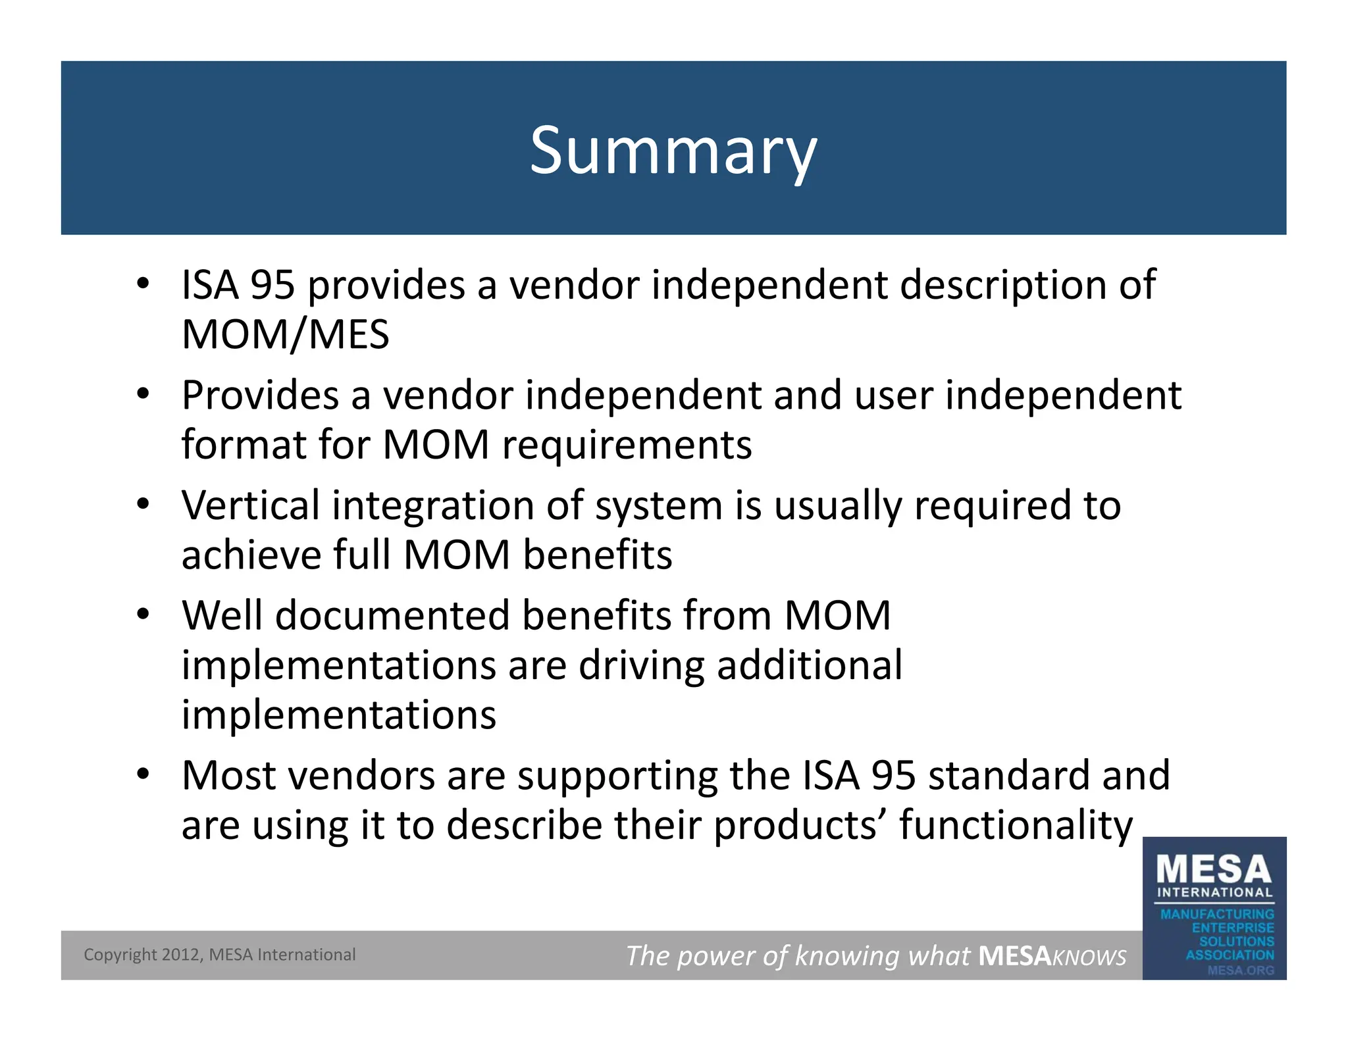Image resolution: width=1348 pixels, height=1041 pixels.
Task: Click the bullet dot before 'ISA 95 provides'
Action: (143, 284)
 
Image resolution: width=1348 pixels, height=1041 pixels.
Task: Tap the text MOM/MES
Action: (285, 334)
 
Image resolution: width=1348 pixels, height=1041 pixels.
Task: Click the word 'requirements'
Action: (627, 445)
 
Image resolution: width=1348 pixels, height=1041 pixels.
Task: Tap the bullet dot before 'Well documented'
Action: (143, 615)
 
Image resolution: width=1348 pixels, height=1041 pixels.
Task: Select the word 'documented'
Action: (392, 616)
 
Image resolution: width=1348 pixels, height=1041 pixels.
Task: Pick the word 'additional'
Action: (810, 665)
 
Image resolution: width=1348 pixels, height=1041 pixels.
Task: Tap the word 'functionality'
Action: (1016, 825)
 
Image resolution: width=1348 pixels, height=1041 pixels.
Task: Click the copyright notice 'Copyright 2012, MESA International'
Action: (219, 955)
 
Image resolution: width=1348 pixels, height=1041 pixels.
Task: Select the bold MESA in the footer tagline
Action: (1014, 955)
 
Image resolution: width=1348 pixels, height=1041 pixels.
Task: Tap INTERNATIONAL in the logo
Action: (1214, 893)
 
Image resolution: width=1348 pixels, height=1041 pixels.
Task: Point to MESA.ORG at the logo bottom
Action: (1240, 970)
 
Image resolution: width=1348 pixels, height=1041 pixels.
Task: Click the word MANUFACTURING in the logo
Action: (1217, 914)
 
